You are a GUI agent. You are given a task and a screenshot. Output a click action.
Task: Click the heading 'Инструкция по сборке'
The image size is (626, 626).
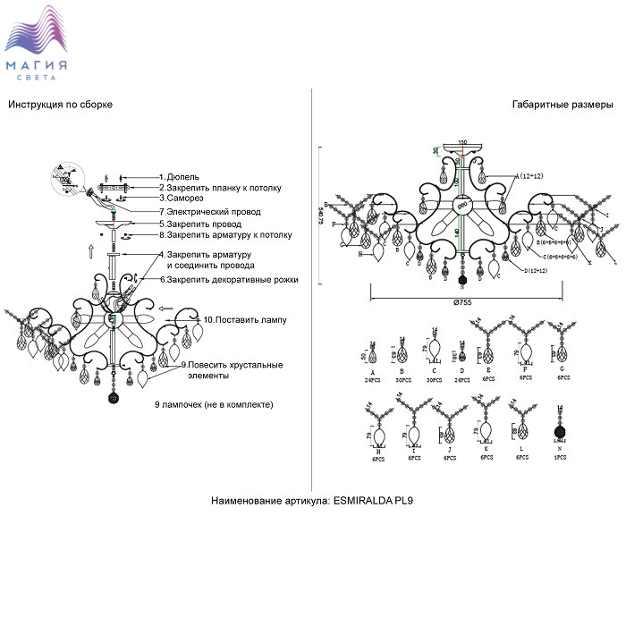(x=61, y=105)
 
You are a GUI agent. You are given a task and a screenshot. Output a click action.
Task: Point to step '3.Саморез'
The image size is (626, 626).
(x=183, y=199)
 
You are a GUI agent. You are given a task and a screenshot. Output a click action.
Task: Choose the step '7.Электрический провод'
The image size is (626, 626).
(x=209, y=212)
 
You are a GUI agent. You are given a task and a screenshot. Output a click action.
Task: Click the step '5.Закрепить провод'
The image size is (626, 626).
(x=200, y=224)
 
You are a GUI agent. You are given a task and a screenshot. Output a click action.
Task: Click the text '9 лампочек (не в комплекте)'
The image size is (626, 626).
(x=213, y=404)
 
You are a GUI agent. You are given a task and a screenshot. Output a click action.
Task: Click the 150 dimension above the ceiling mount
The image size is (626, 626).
(x=462, y=142)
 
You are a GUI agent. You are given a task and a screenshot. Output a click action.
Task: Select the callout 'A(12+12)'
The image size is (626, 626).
(x=529, y=176)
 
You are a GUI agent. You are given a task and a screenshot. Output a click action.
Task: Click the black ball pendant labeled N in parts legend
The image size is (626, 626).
(x=561, y=430)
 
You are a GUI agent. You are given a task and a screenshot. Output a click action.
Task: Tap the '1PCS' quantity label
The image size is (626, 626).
(x=561, y=456)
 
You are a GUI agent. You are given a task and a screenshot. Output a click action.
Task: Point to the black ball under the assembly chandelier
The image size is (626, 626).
(x=114, y=397)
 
